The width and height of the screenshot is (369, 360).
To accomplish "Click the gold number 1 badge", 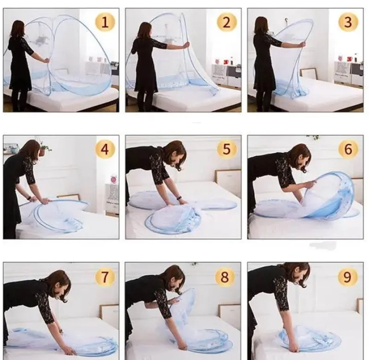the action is click(105, 22).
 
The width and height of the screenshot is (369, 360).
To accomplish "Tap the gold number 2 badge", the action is click(226, 22).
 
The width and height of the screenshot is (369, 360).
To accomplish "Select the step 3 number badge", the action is click(348, 22).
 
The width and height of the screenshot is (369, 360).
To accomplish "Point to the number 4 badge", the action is click(105, 149).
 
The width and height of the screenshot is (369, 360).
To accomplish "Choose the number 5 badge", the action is click(226, 149).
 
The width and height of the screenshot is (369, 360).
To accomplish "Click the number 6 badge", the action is click(348, 149).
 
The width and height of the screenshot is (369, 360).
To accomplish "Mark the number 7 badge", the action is click(105, 277).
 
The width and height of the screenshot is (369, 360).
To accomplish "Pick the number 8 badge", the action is click(225, 277).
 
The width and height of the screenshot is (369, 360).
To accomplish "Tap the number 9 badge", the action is click(348, 277).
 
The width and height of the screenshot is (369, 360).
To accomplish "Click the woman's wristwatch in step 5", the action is click(179, 198).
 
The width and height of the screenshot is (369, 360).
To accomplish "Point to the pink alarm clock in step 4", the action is click(114, 179).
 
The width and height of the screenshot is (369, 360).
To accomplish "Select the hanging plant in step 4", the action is click(44, 148).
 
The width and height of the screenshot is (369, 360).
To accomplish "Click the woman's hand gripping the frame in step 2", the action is click(187, 44).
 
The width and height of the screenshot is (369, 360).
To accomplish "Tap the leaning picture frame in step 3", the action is click(308, 74).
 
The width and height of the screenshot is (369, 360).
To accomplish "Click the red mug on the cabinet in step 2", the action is click(226, 62).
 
